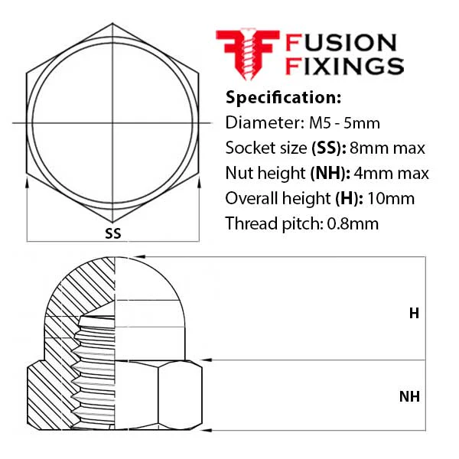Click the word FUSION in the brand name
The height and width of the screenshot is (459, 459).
(x=341, y=43)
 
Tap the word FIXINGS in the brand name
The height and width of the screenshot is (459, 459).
(x=344, y=66)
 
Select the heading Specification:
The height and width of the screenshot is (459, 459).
(x=283, y=97)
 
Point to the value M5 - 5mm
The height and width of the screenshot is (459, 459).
(x=344, y=123)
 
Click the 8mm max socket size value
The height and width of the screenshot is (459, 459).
(x=387, y=148)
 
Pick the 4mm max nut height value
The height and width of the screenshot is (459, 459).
(x=391, y=174)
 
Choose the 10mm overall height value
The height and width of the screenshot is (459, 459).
(x=391, y=198)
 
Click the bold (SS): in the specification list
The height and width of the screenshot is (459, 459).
(x=329, y=148)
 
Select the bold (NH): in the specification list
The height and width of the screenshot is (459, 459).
(x=330, y=174)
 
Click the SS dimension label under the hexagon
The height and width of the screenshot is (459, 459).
(x=113, y=233)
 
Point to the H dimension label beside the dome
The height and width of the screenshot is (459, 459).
(x=414, y=314)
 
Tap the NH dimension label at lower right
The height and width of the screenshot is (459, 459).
(x=409, y=396)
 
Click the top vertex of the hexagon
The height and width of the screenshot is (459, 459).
(x=112, y=24)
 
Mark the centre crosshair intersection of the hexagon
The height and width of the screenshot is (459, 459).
(x=112, y=123)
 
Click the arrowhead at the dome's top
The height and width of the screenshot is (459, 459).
(x=141, y=257)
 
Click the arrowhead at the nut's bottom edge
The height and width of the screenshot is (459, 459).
(x=207, y=430)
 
